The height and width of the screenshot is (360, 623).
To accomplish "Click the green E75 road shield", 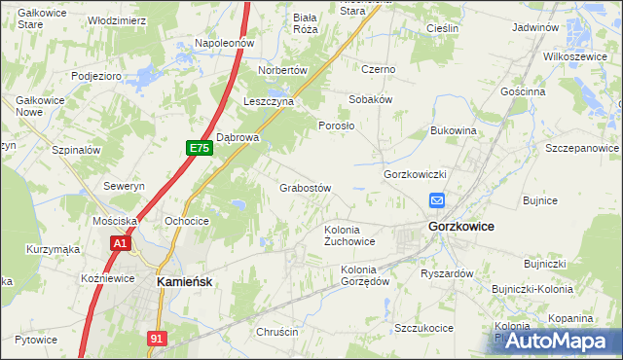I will pos(199,147).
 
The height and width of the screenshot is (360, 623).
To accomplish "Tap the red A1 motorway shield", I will pos(121,244).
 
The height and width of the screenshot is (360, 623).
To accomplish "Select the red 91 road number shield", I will pos(158,337).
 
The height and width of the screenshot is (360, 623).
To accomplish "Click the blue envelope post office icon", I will pos(437,200).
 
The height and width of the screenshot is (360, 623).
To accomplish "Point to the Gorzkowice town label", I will pos(460,226).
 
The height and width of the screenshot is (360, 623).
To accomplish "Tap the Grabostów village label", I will pos(307,187).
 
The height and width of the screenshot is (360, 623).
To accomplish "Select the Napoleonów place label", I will pos(224,43).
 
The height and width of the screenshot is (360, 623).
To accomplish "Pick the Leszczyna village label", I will pos(270,101).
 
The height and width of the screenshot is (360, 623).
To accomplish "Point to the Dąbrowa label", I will pos(238,137).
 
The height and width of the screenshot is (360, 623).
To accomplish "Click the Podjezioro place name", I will pos(95,76).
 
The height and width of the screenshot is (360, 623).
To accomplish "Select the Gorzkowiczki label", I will pos(415,174).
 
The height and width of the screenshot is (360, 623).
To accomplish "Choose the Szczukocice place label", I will pos(423,328).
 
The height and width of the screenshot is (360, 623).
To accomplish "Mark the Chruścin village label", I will pos(276,332).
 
